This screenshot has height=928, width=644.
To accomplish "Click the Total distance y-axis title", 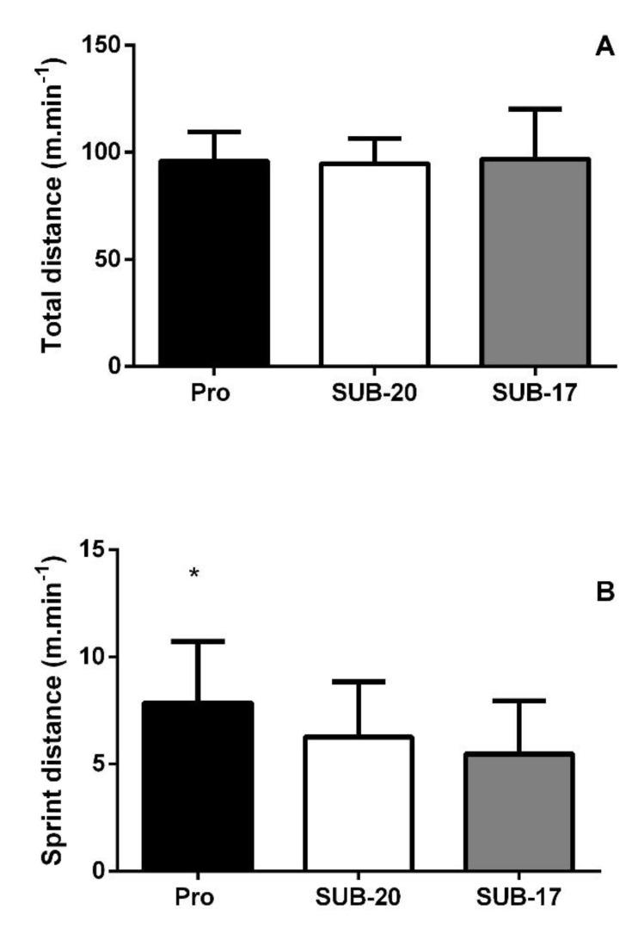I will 57,206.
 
